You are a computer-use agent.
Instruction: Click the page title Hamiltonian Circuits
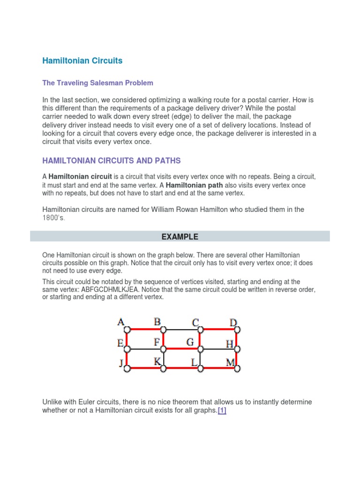pyautogui.click(x=82, y=60)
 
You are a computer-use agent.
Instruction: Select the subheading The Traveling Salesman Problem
pyautogui.click(x=97, y=83)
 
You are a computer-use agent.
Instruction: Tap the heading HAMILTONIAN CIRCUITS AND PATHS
pyautogui.click(x=111, y=161)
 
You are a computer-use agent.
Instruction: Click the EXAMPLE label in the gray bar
pyautogui.click(x=180, y=237)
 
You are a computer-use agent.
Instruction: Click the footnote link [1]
pyautogui.click(x=222, y=411)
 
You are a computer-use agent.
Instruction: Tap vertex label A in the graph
pyautogui.click(x=120, y=322)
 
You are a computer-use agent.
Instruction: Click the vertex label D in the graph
pyautogui.click(x=233, y=322)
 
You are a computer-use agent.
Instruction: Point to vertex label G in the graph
pyautogui.click(x=190, y=342)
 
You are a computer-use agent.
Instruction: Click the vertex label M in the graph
pyautogui.click(x=231, y=362)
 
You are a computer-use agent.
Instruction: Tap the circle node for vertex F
pyautogui.click(x=163, y=349)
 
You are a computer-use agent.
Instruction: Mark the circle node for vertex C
pyautogui.click(x=200, y=329)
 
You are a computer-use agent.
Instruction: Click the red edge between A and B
pyautogui.click(x=145, y=329)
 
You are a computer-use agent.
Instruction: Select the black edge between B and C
pyautogui.click(x=181, y=329)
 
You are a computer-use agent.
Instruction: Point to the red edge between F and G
pyautogui.click(x=181, y=349)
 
